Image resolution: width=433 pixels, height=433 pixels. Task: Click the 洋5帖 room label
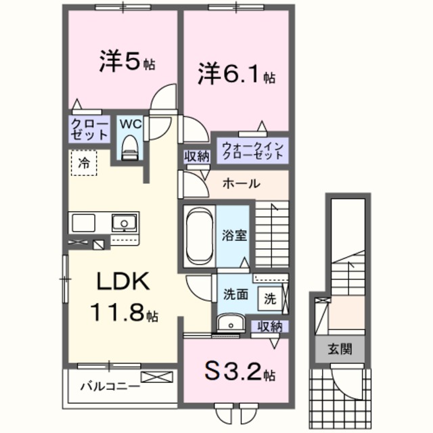click(127, 62)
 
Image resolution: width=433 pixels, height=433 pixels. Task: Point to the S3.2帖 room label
click(241, 373)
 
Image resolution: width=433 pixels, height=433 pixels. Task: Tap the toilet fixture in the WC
click(128, 147)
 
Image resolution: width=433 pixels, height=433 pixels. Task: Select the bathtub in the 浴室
click(199, 237)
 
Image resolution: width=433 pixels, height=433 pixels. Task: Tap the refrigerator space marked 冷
click(83, 162)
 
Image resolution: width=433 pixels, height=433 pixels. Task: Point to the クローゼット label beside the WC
click(89, 129)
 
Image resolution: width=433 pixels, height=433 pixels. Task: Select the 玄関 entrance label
click(337, 350)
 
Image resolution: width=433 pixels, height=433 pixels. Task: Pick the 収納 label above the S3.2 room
click(270, 327)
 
